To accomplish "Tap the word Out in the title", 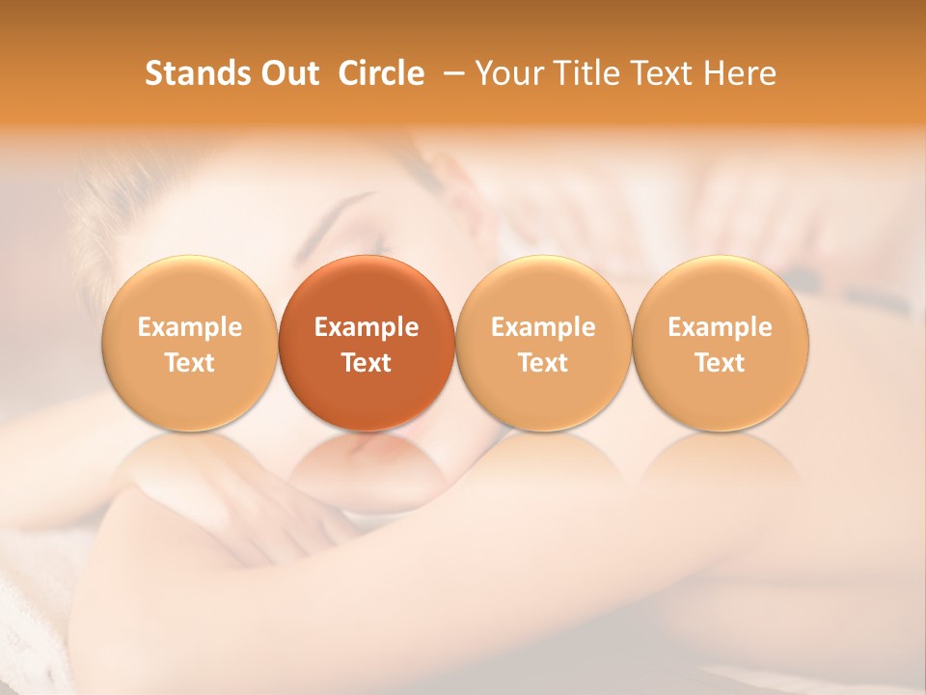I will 288,73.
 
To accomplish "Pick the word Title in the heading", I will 586,73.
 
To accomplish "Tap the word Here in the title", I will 741,73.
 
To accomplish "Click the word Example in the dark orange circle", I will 367,327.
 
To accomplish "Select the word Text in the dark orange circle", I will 367,363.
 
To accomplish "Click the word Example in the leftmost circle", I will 190,327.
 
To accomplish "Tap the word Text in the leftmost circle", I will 190,363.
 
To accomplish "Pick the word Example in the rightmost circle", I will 721,327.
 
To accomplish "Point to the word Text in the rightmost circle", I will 721,363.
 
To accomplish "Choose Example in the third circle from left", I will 543,327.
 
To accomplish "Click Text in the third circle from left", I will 543,363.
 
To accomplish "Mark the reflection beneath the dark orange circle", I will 367,463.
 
